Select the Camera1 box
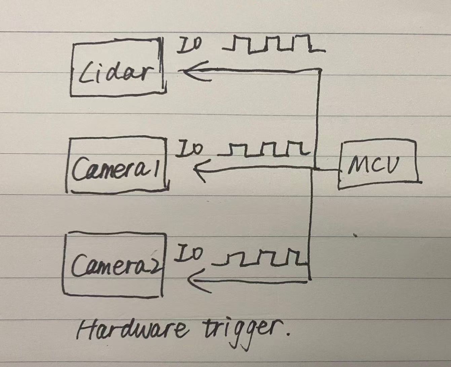pyautogui.click(x=118, y=165)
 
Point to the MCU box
pyautogui.click(x=378, y=165)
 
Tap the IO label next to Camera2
pyautogui.click(x=188, y=254)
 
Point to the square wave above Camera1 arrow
pyautogui.click(x=264, y=150)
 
